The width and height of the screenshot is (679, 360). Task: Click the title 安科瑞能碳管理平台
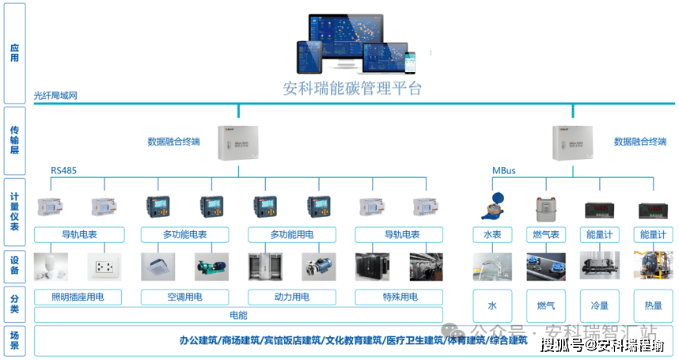(352, 88)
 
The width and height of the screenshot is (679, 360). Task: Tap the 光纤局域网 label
(55, 97)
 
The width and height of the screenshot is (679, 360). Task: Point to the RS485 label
(63, 170)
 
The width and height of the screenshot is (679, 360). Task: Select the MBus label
(504, 170)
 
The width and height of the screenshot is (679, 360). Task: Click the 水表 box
(492, 235)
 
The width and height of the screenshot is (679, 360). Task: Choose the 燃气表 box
(546, 235)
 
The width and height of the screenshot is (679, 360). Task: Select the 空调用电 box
(184, 297)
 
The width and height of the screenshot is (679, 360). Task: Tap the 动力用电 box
(291, 297)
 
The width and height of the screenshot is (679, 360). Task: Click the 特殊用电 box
(398, 297)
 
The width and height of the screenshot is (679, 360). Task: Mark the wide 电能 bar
(238, 315)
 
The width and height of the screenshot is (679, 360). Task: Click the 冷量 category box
(599, 305)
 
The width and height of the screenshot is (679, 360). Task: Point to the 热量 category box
(653, 305)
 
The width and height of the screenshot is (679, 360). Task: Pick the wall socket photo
(104, 267)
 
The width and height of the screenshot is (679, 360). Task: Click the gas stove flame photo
(546, 267)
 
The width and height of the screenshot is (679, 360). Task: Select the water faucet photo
(492, 267)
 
